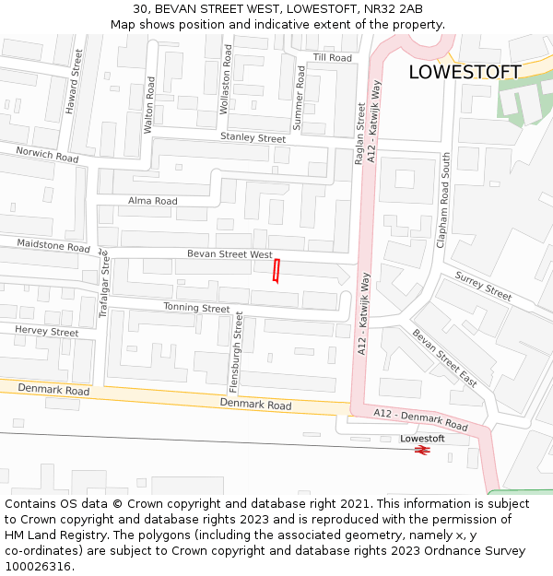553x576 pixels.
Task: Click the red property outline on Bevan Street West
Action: [276, 271]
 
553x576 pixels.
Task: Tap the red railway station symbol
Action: [422, 451]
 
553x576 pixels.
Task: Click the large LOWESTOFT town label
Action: [465, 72]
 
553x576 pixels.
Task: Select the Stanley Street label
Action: [253, 137]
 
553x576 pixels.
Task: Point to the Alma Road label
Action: [152, 201]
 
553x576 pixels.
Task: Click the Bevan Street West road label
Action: [229, 253]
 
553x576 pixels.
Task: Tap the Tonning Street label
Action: [196, 308]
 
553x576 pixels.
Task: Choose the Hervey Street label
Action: [47, 331]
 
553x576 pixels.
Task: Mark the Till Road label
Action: [333, 57]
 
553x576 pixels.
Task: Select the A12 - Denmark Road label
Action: [421, 421]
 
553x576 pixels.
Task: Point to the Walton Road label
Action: [149, 105]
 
